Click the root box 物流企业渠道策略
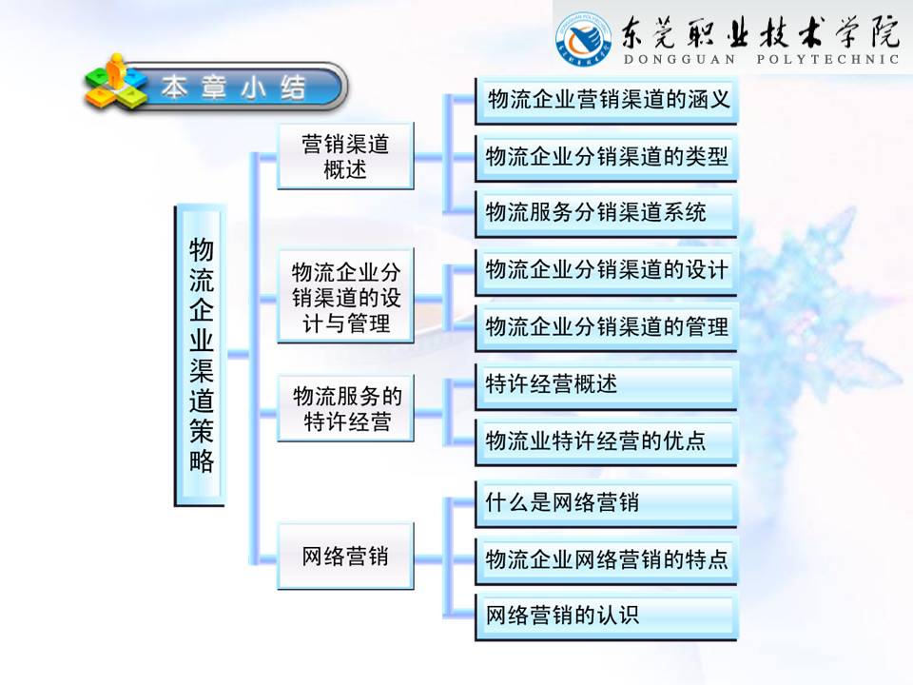coord(201,355)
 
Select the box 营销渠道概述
coord(345,157)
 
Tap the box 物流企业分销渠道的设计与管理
coord(345,297)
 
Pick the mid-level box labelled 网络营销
coord(345,557)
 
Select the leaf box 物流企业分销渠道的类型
coord(607,156)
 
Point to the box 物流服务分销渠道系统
coord(607,212)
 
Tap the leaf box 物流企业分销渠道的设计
coord(607,270)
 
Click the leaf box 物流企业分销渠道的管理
coord(607,326)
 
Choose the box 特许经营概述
coord(607,384)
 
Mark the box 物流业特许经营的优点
coord(607,441)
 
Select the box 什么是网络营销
coord(607,501)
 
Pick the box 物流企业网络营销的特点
coord(607,558)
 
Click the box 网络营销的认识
coord(607,616)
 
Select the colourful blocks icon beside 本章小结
coord(114,84)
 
